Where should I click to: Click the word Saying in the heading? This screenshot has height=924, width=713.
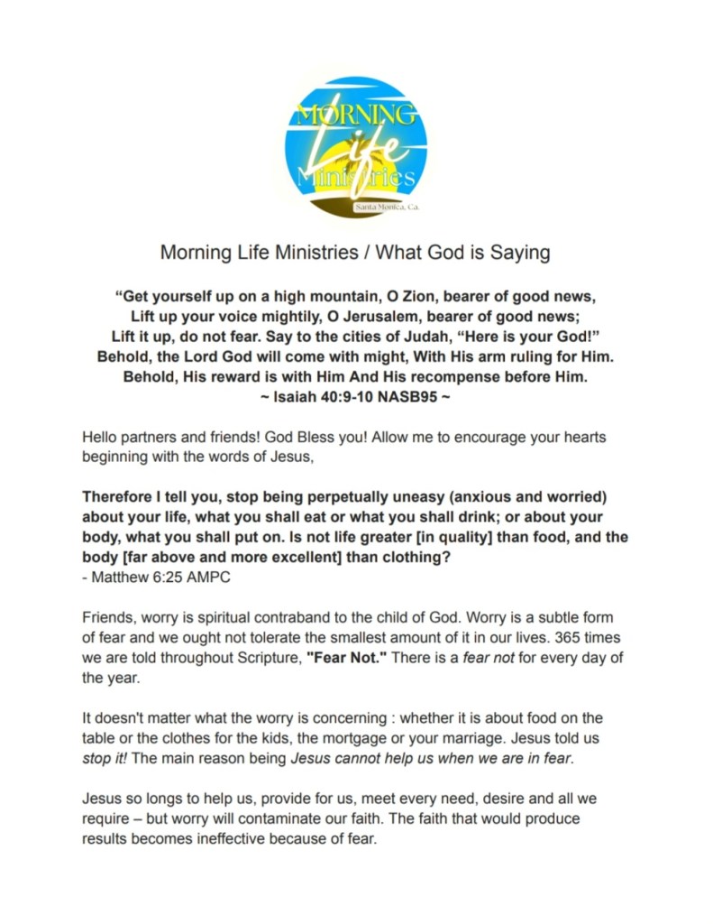[520, 253]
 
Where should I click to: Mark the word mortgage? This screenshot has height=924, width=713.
[371, 738]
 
